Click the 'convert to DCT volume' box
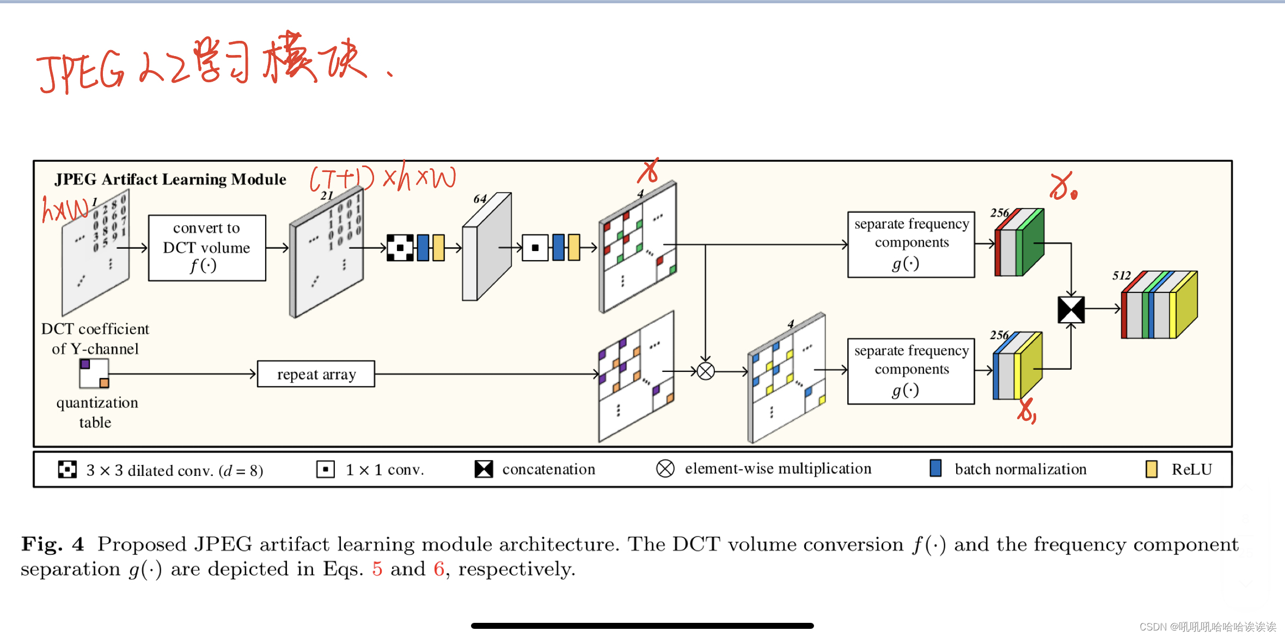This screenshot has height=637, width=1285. click(x=207, y=248)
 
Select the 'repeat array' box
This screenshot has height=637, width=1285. click(x=316, y=374)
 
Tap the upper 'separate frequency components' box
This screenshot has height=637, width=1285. click(x=911, y=244)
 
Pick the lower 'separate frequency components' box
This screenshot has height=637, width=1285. click(x=911, y=371)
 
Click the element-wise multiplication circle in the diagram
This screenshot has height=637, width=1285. click(x=706, y=371)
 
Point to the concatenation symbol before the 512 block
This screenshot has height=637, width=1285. click(x=1071, y=309)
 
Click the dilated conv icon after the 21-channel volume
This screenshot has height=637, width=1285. click(x=400, y=248)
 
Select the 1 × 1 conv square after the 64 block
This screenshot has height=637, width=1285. click(x=535, y=248)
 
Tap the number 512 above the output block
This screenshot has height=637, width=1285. click(x=1122, y=275)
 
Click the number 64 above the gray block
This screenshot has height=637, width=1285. click(x=480, y=199)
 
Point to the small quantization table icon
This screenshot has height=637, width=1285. click(x=94, y=373)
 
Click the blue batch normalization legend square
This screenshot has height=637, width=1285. click(x=935, y=468)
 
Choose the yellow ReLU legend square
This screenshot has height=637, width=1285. click(x=1151, y=469)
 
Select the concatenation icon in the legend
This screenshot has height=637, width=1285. click(x=484, y=469)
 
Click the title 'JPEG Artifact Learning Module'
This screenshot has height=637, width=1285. click(x=170, y=179)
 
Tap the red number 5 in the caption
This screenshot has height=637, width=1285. click(x=377, y=569)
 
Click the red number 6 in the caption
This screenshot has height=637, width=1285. click(x=439, y=569)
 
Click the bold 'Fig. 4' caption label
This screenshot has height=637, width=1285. click(x=53, y=544)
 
